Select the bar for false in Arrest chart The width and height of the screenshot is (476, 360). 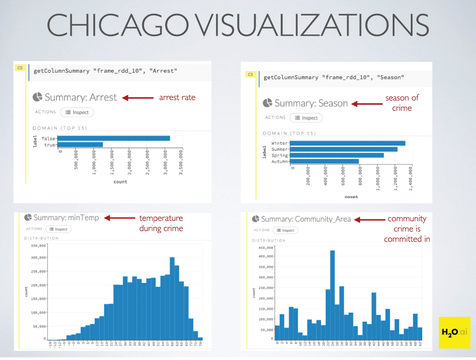click(114, 139)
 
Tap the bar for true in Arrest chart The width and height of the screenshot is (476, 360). click(80, 144)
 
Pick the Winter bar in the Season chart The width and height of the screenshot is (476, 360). click(347, 143)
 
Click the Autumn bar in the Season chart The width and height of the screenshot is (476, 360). click(324, 161)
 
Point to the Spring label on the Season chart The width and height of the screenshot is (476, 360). click(279, 155)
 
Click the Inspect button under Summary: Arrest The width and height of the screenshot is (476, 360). click(77, 112)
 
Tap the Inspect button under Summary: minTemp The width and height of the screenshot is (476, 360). click(58, 229)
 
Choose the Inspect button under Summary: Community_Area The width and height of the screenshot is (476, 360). click(286, 230)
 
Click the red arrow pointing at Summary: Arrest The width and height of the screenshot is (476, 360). click(138, 97)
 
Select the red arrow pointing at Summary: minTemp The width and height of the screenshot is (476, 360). click(119, 217)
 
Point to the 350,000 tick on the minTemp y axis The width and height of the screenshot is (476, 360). click(39, 245)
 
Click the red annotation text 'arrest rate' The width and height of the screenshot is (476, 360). click(177, 97)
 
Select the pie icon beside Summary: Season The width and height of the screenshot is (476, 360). click(267, 103)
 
